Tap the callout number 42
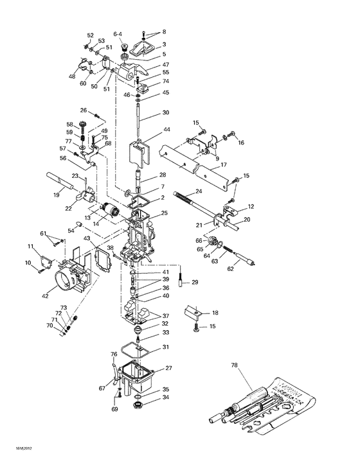[44, 297]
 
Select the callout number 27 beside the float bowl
[169, 368]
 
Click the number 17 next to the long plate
[224, 164]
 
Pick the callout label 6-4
[118, 33]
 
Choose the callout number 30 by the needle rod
[165, 112]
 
